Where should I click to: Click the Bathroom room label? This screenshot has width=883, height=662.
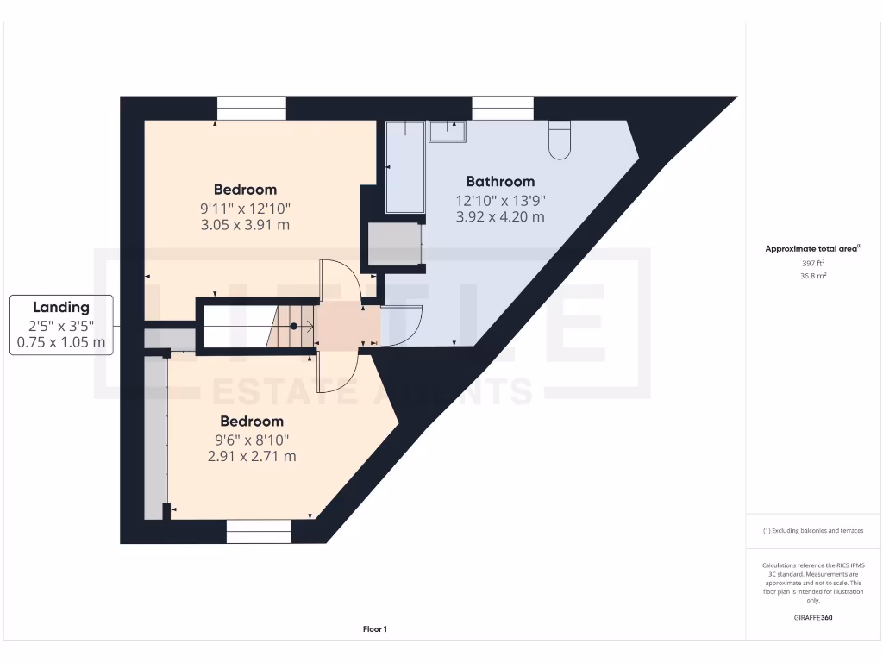point(500,182)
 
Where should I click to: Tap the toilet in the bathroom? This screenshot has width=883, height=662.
point(560,141)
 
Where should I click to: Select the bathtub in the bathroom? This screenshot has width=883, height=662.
point(405,167)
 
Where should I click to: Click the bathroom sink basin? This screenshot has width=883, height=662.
point(448,131)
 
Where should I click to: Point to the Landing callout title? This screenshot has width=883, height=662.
point(61,307)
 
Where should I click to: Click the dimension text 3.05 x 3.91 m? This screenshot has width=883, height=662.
point(245,225)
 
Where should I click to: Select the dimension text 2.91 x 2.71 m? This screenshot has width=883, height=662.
point(252,456)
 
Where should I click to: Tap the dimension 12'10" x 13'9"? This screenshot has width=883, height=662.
point(500,200)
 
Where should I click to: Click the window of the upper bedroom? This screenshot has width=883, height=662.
point(251,109)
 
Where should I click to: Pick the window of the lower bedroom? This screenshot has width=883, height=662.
point(260,532)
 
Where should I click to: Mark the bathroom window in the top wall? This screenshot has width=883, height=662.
point(503,109)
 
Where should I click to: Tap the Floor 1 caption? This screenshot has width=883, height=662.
point(375,630)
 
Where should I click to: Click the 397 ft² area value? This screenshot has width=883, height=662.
point(813,263)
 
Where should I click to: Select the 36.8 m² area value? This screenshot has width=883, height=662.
point(813,276)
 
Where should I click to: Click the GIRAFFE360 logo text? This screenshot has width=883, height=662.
point(813,618)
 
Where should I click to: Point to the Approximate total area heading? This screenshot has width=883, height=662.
point(812,249)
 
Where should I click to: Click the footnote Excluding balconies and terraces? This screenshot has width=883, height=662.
point(813,531)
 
